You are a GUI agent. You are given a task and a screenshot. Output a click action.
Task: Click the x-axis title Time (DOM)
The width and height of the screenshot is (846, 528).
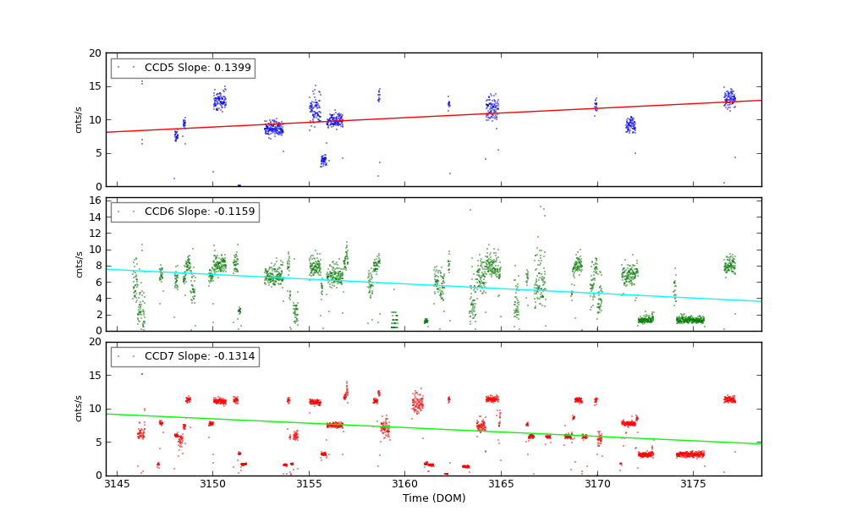433,498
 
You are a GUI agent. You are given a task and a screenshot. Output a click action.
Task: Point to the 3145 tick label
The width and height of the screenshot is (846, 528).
117,484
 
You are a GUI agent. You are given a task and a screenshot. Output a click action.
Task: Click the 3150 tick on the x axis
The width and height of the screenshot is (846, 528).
212,484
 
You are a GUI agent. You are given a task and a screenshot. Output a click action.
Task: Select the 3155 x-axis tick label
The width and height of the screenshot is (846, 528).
309,484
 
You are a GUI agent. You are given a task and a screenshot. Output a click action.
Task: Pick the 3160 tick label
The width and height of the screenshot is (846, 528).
404,484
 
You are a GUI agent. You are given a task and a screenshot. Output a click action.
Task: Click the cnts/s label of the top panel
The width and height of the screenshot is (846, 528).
80,119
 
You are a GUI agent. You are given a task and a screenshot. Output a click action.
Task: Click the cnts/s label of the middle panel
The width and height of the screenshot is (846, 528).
80,264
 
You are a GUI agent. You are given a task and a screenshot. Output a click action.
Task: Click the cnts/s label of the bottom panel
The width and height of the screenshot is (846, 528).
80,408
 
